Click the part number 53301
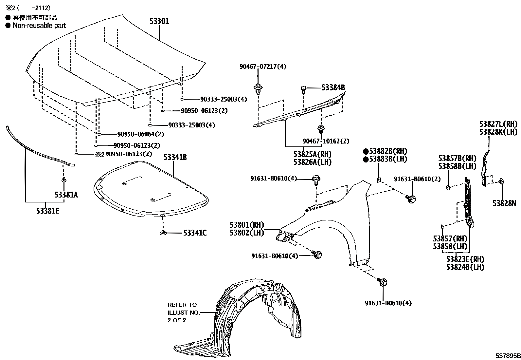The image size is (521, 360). pos(159,21)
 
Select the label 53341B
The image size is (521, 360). pos(175,158)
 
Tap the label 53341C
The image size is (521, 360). pos(195,233)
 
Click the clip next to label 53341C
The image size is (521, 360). pos(163,233)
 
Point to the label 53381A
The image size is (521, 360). pos(66,195)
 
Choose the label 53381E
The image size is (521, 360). pos(48,211)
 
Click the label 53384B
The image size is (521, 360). pos(333,88)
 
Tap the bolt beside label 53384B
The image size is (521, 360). pos(303,88)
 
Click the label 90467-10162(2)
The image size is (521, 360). pos(326,141)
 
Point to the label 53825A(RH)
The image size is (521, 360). pos(312,154)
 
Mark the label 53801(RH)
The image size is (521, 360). pos(247,225)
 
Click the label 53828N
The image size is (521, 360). pos(504,203)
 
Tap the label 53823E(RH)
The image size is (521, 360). pos(465,259)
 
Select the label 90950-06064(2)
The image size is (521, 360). pos(140,134)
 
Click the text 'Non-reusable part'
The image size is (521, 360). pos(39,26)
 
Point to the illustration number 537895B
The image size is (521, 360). pos(507,356)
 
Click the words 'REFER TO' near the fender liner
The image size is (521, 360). pos(182,305)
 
